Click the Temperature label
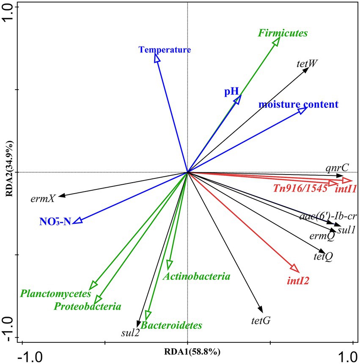click(x=165, y=50)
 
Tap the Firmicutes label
click(x=283, y=33)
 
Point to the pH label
click(x=231, y=91)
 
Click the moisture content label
click(x=298, y=104)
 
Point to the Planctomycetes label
click(x=55, y=293)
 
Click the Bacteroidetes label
click(x=171, y=326)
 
